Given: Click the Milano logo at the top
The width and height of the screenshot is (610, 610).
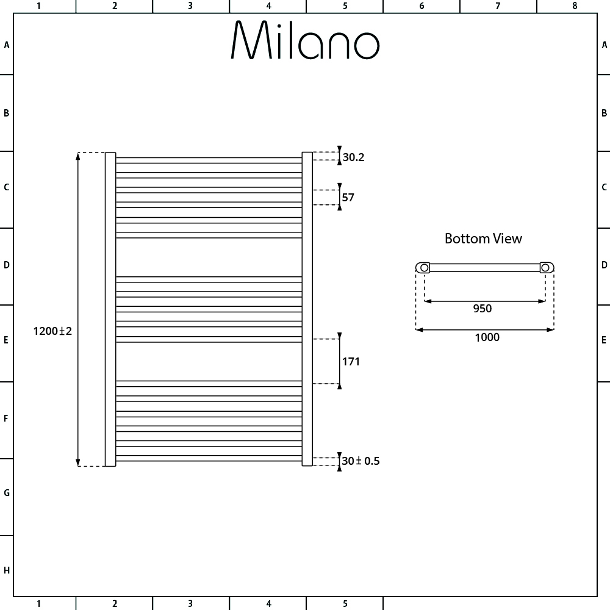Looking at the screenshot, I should pos(305,41).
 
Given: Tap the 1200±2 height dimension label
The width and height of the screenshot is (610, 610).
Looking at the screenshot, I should pos(53,331).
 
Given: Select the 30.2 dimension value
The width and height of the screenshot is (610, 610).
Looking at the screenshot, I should pos(353,157).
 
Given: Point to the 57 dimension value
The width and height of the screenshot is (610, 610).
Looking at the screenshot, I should pos(348,198).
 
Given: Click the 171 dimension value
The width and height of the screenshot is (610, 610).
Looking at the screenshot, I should pos(351,362).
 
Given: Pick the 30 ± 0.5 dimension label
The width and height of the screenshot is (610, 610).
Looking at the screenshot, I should pos(361,461).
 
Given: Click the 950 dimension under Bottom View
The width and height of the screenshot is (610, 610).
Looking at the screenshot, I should pos(482,309).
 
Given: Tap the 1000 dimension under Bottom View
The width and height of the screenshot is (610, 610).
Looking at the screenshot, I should pos(486,337).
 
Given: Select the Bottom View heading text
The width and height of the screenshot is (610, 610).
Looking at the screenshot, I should pos(483,239).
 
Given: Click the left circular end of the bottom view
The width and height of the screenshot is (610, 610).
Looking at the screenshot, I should pos(423,267).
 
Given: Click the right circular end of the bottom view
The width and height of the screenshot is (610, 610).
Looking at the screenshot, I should pos(547,267).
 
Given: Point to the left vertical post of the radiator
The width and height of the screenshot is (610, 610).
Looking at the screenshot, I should pos(110,309).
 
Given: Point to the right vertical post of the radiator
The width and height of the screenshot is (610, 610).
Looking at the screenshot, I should pos(307,309).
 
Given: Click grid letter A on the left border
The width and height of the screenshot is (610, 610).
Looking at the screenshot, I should pos(7,45).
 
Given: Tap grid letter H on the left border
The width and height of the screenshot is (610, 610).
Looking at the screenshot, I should pos(7,571).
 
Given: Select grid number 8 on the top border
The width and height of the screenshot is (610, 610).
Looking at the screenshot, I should pos(574,6).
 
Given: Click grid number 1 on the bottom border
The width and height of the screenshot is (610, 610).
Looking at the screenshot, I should pos(38,604).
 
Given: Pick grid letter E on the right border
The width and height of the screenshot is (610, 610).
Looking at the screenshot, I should pos(604,340).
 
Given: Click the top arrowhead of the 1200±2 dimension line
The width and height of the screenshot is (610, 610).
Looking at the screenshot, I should pos(78,156).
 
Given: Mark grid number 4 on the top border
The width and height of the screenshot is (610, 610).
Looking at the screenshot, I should pos(268,6).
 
